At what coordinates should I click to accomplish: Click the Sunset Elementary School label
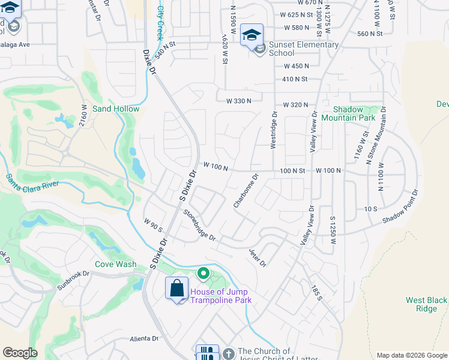click(303, 49)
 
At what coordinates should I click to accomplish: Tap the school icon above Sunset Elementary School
click(252, 34)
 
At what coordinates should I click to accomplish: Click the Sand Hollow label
click(116, 109)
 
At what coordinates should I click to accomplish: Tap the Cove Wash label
click(115, 264)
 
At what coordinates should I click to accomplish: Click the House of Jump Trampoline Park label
click(219, 296)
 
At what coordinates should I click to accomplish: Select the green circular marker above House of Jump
click(203, 274)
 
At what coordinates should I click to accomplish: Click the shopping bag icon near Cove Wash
click(177, 289)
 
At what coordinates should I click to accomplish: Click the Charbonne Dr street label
click(246, 191)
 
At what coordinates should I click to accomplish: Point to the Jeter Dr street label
click(257, 256)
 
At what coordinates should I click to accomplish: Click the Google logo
click(20, 353)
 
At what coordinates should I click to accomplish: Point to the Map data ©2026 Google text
click(411, 355)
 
